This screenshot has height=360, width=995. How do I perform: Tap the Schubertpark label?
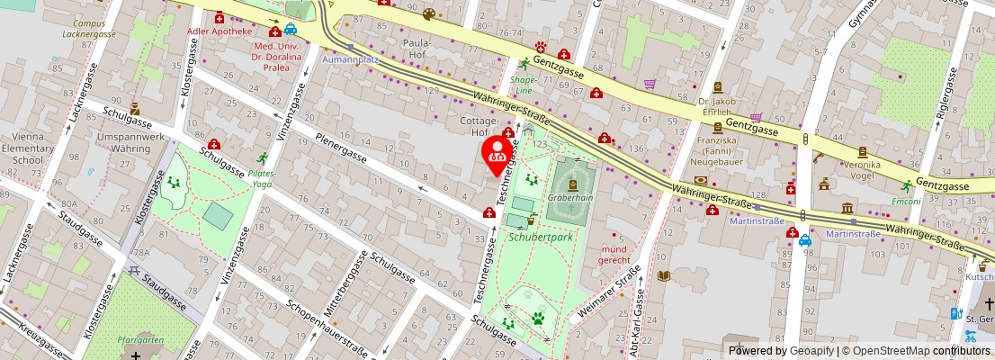[x=540, y=238]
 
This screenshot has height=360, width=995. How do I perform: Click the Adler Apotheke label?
[x=220, y=31]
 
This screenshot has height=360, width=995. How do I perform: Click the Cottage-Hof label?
[x=479, y=126]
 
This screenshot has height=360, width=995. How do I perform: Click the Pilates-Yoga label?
[x=263, y=177]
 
